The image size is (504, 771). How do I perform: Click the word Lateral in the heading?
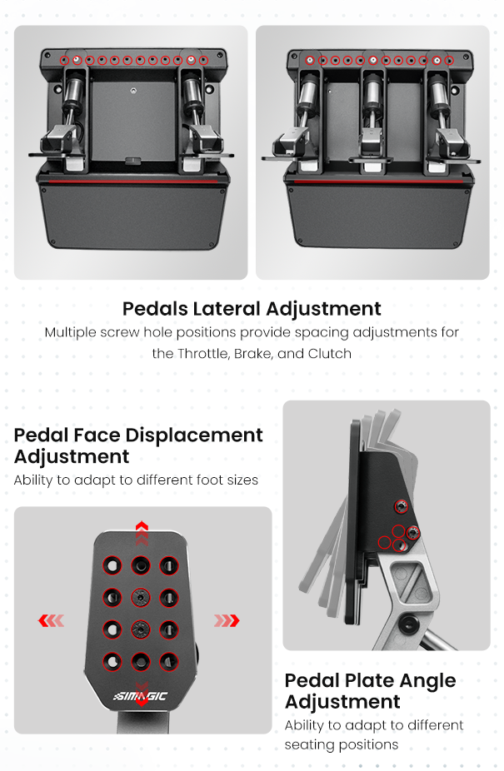(227, 308)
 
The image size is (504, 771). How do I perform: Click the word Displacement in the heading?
(194, 435)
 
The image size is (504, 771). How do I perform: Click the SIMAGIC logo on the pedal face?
(140, 696)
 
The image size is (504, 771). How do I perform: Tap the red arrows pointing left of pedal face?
(51, 620)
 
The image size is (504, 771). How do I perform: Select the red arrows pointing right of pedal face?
(227, 620)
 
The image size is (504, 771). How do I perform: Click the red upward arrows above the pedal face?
(142, 533)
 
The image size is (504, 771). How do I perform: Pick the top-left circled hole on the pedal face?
(112, 565)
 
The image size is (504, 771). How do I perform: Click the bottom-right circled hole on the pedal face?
(169, 662)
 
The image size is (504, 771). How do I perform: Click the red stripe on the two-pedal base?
(133, 182)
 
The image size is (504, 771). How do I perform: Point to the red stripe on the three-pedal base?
(378, 182)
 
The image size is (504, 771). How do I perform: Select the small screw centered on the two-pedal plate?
(133, 91)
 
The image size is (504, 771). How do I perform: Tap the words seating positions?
(341, 745)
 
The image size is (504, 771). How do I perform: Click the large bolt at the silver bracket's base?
(408, 624)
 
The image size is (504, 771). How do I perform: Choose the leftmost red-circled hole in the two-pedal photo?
(64, 61)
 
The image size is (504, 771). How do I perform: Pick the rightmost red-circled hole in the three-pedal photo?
(449, 61)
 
